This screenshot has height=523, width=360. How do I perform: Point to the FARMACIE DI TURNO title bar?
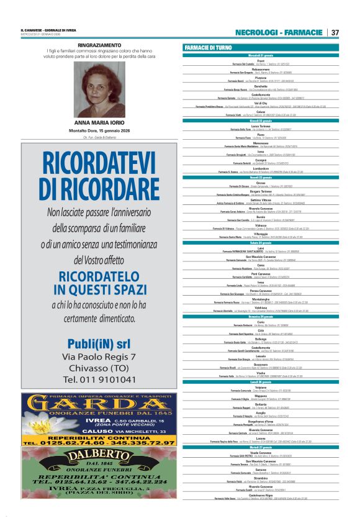click(261, 48)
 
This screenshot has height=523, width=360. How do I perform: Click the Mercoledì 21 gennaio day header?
click(261, 56)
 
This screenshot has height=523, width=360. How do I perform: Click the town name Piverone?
click(261, 78)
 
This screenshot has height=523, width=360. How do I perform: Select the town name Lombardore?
click(261, 168)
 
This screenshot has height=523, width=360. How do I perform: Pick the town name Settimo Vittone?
click(261, 199)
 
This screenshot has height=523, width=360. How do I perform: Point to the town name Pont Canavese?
click(261, 274)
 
